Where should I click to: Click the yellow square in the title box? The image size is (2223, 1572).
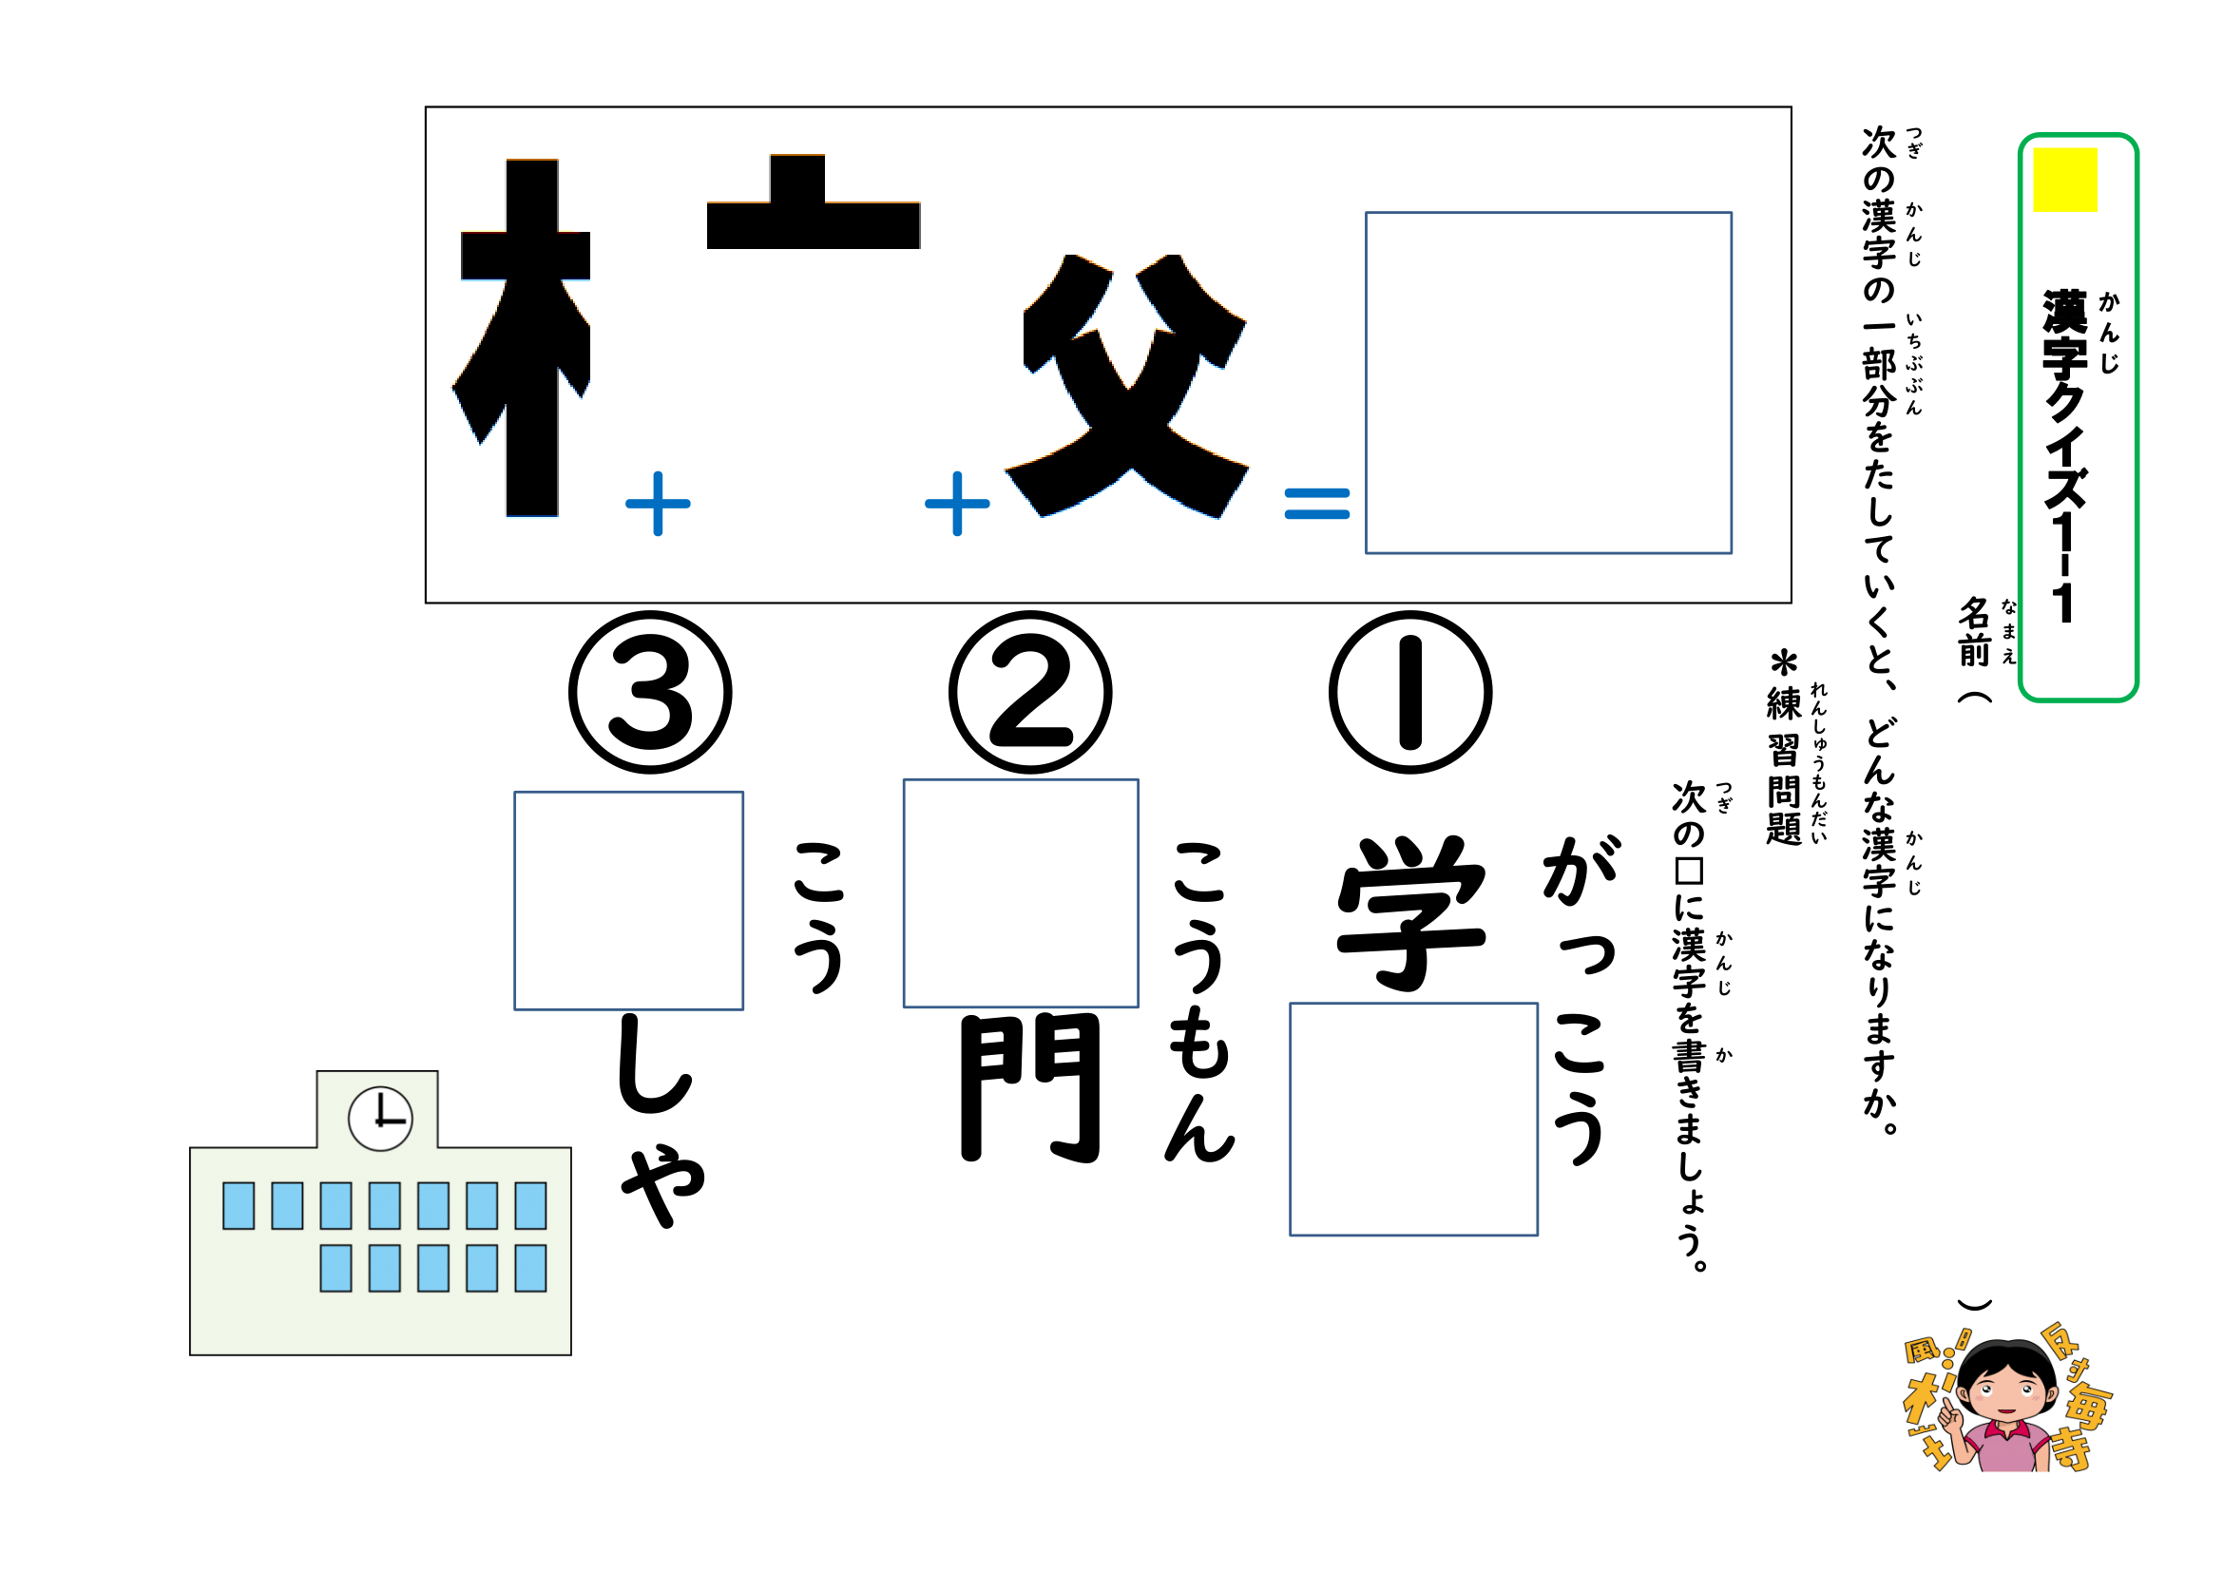pyautogui.click(x=2064, y=180)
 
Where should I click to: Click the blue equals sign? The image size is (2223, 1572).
pyautogui.click(x=1315, y=504)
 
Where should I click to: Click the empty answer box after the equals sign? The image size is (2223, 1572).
pyautogui.click(x=1547, y=383)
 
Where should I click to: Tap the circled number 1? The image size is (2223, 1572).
pyautogui.click(x=1409, y=692)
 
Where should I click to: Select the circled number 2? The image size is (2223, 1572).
pyautogui.click(x=1029, y=692)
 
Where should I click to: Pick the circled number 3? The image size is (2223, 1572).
pyautogui.click(x=650, y=692)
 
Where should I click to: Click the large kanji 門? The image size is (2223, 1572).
pyautogui.click(x=1029, y=1088)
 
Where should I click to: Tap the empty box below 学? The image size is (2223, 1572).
pyautogui.click(x=1412, y=1120)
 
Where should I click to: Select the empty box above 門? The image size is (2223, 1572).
pyautogui.click(x=1021, y=893)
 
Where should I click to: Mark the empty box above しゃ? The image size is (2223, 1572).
pyautogui.click(x=628, y=901)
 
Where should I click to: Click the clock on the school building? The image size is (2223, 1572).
pyautogui.click(x=380, y=1119)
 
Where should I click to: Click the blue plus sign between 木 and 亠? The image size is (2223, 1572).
pyautogui.click(x=658, y=504)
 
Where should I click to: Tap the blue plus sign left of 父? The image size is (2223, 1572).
pyautogui.click(x=957, y=504)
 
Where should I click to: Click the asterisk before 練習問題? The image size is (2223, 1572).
pyautogui.click(x=1782, y=664)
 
